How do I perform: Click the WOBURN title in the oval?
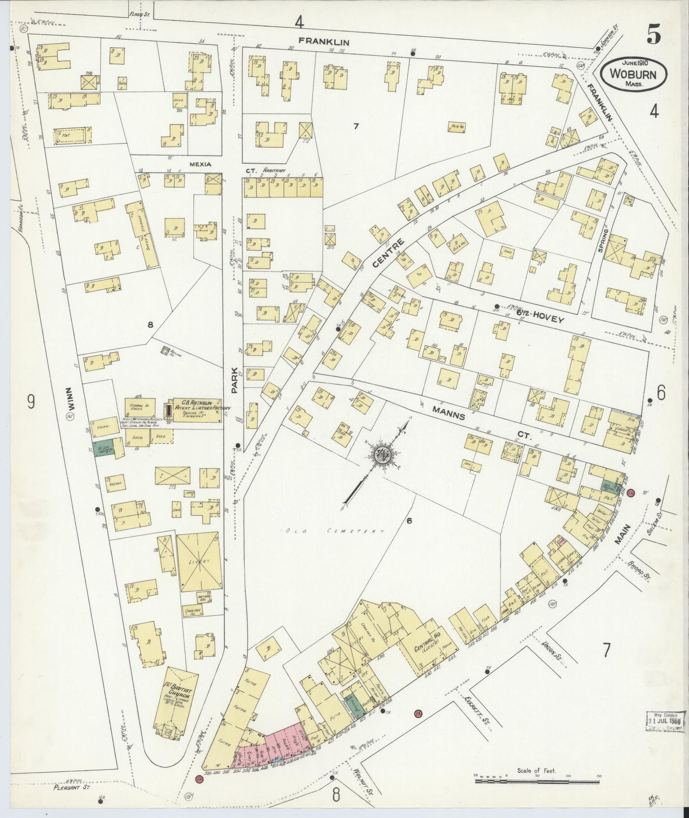point(633,75)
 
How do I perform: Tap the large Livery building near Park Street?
point(199,562)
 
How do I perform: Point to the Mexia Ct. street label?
point(200,164)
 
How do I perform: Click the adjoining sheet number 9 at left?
point(31,402)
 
